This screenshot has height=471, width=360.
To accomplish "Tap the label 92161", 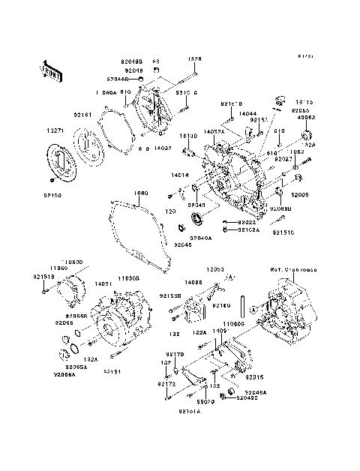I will pos(82,115).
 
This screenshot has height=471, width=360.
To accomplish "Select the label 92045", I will pos(183,245).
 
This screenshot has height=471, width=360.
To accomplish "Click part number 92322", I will pos(247,223).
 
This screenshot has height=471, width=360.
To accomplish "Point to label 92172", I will pos(166,384).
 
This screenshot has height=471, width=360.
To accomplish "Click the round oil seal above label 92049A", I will pos(199,219).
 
